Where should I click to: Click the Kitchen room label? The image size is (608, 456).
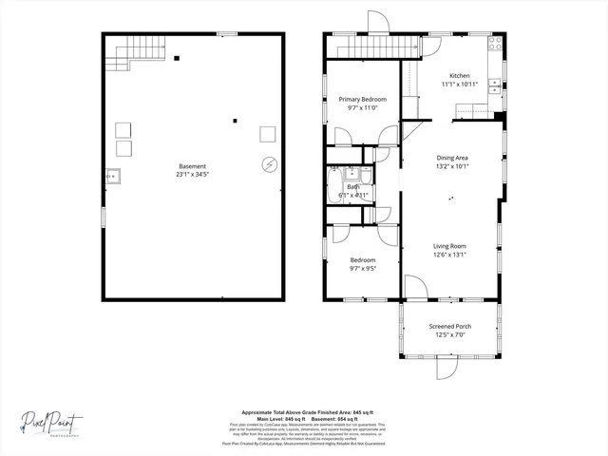pyautogui.click(x=460, y=76)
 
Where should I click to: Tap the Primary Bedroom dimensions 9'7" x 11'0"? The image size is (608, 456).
pyautogui.click(x=362, y=107)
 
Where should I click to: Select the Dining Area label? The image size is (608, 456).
pyautogui.click(x=452, y=158)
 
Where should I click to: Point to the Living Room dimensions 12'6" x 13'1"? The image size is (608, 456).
pyautogui.click(x=450, y=255)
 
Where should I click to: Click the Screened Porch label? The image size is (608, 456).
pyautogui.click(x=450, y=327)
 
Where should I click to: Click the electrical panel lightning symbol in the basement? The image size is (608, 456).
pyautogui.click(x=269, y=164)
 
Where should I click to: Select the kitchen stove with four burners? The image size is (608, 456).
pyautogui.click(x=494, y=44)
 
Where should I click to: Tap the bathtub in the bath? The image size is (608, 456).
pyautogui.click(x=333, y=186)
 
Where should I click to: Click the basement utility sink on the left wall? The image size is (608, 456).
pyautogui.click(x=112, y=175)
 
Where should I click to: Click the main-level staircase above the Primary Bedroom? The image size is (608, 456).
pyautogui.click(x=372, y=47)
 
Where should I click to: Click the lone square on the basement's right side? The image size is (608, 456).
pyautogui.click(x=268, y=133)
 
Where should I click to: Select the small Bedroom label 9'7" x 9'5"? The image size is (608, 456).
pyautogui.click(x=362, y=264)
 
